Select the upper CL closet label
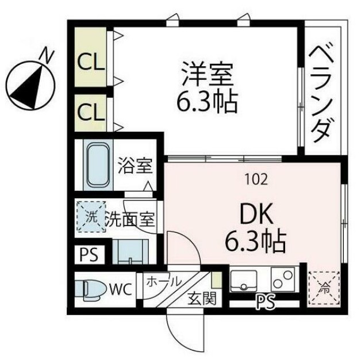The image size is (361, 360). [x=91, y=61]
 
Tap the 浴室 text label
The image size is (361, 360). [x=136, y=167]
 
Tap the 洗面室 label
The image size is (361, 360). [x=131, y=219]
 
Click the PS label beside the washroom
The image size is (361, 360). [x=88, y=253]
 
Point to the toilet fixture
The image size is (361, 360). [x=92, y=289]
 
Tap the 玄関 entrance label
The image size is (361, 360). [x=201, y=298]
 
